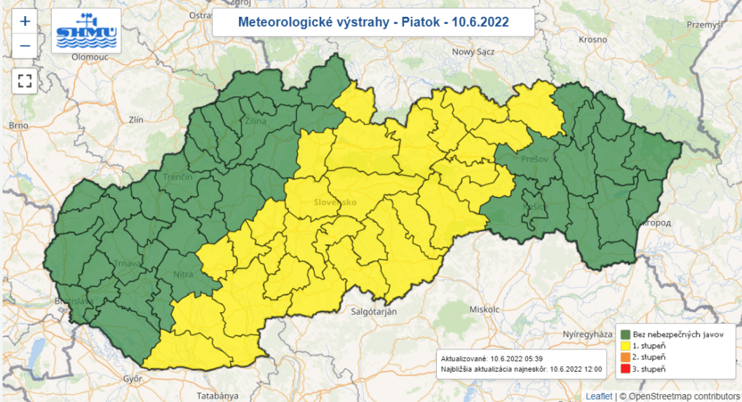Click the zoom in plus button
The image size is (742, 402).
25,21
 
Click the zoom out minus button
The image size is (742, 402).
25,46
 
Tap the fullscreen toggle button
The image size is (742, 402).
25,80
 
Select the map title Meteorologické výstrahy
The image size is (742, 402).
373,22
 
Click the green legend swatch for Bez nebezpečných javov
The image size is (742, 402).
624,335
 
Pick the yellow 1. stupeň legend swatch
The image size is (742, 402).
624,346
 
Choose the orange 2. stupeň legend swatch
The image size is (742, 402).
624,357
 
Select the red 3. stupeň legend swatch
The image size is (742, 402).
624,368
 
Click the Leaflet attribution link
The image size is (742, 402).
598,396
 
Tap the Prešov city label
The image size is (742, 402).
534,159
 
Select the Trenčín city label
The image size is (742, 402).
177,177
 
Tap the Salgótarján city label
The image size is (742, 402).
373,310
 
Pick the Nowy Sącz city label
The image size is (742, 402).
473,52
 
